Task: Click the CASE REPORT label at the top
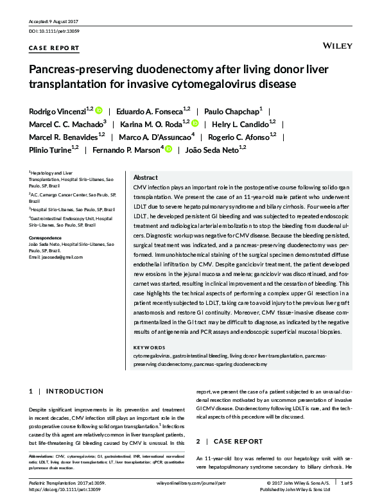coord(55,48)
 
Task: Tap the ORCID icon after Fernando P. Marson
coord(168,149)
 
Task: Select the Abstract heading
coord(145,178)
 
